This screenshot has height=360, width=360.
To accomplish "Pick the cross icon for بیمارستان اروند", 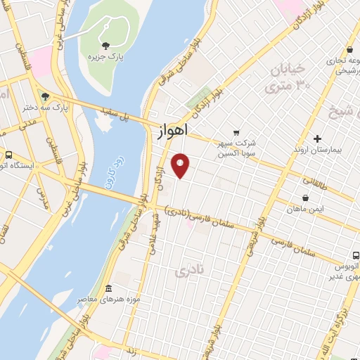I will click(x=318, y=139).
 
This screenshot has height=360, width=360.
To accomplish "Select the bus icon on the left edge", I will click(x=8, y=155).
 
